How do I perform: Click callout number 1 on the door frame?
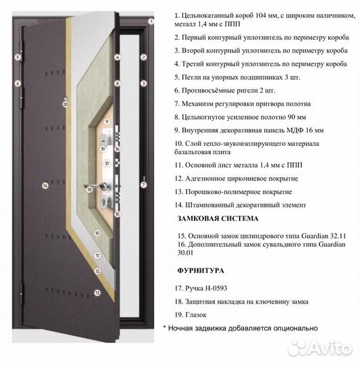tap(151, 21)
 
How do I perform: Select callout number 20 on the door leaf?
tap(66, 104)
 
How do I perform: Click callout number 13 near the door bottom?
tap(97, 293)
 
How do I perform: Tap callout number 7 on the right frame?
tap(143, 183)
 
